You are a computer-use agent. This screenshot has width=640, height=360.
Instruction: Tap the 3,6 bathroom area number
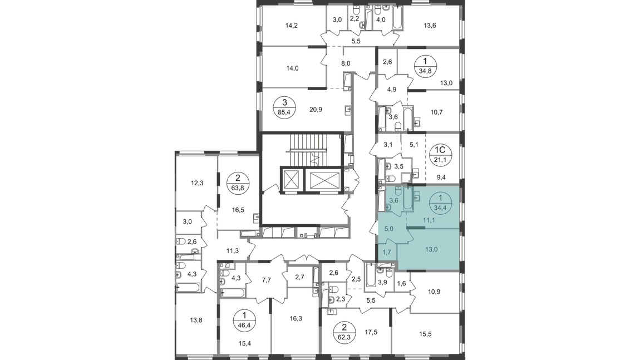point(393,200)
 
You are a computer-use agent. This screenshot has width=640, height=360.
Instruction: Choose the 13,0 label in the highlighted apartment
point(431,249)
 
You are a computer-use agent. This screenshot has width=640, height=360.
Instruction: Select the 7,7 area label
point(266,280)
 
